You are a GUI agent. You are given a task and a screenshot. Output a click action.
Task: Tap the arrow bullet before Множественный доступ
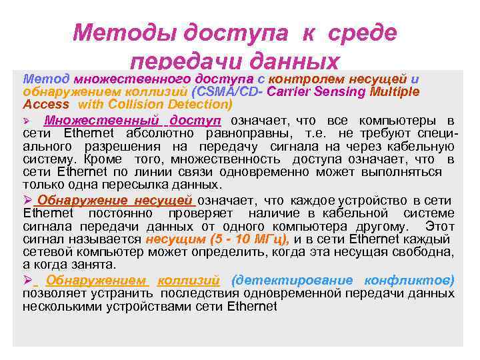(x=27, y=121)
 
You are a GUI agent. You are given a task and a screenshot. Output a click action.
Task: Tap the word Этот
(x=439, y=227)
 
